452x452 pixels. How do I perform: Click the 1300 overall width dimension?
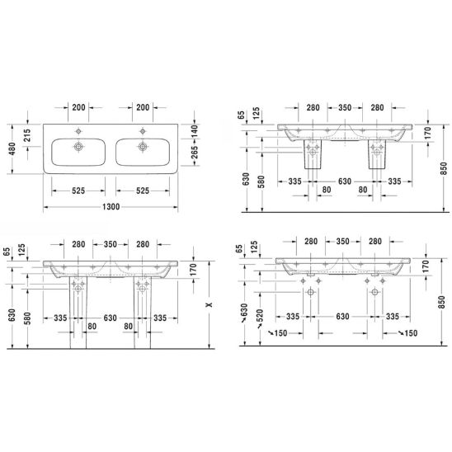[x=111, y=207]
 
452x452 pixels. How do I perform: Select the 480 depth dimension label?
[x=12, y=148]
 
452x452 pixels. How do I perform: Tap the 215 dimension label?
[x=26, y=135]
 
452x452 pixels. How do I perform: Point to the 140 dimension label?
[x=195, y=131]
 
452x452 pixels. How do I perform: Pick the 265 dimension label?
[x=195, y=153]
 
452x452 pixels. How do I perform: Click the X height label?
[x=210, y=304]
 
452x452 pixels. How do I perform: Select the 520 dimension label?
[x=260, y=316]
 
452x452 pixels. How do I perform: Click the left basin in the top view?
[x=78, y=153]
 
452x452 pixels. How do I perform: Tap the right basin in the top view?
[x=143, y=153]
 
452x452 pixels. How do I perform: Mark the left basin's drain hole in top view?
[x=78, y=147]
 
